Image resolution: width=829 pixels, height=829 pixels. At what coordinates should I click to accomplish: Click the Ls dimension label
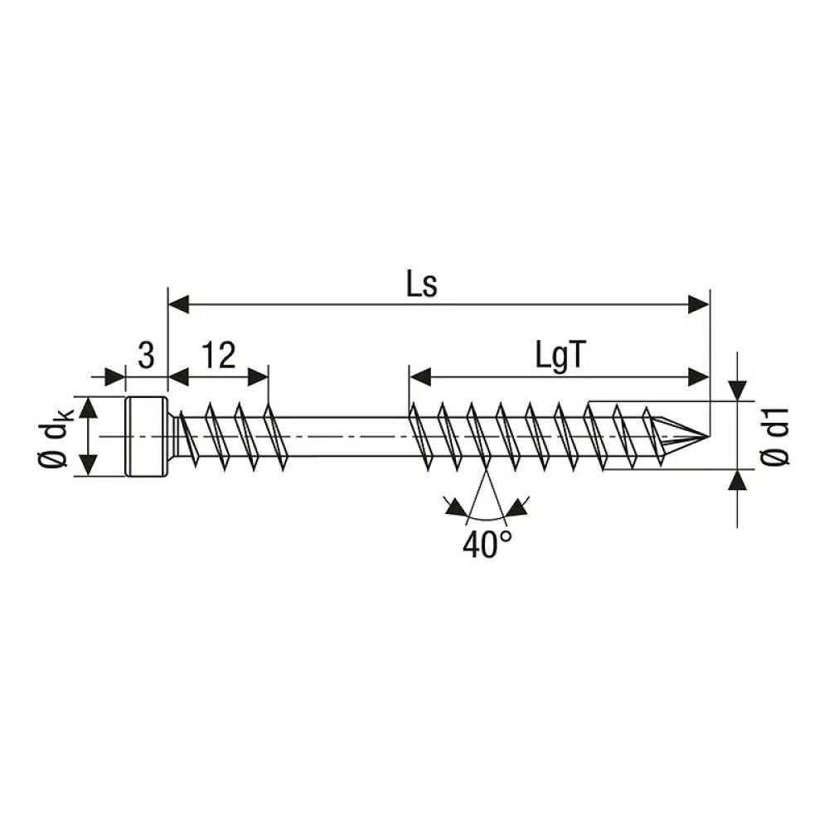[421, 284]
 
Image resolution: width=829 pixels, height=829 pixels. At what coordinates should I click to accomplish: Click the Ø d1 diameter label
[777, 437]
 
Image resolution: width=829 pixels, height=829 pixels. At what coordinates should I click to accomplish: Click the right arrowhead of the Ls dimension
[699, 305]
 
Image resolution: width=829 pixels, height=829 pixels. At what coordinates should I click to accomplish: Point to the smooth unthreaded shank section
[340, 436]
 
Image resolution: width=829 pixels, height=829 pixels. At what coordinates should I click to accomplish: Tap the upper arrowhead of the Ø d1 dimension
[737, 390]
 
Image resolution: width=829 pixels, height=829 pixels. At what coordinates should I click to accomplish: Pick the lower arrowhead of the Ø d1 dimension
[737, 482]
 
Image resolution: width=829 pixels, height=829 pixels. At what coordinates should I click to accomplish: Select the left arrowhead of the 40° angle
[453, 507]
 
